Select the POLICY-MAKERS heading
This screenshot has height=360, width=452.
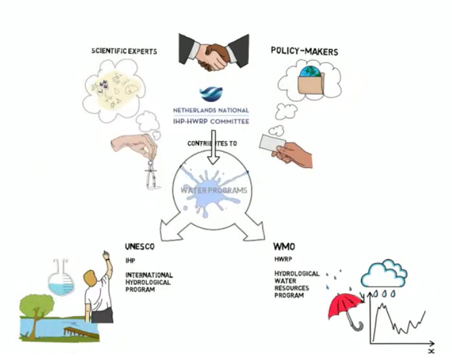pos(303,51)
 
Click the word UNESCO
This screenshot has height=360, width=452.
pos(140,247)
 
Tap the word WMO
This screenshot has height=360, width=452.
pos(284,247)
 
